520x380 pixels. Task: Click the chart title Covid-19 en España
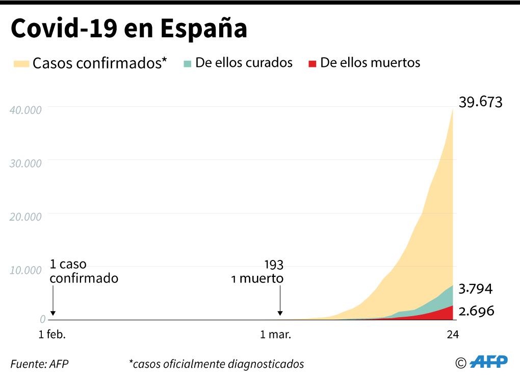[129, 29]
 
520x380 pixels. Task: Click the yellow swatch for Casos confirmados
[21, 63]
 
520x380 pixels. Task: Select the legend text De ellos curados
[244, 63]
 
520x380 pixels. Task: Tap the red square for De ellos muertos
[313, 63]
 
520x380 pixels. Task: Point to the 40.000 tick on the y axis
[25, 110]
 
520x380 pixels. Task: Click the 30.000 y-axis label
[25, 163]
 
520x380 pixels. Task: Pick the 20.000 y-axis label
[25, 216]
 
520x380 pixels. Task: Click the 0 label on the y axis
[43, 319]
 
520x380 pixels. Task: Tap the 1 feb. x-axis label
[53, 335]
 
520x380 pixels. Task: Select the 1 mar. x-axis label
[275, 335]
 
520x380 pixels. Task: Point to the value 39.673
[480, 102]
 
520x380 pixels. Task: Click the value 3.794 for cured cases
[475, 289]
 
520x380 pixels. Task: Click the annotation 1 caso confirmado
[84, 272]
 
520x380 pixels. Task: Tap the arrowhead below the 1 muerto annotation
[279, 314]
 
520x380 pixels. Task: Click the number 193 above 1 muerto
[273, 265]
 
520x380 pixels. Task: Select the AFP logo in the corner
[488, 362]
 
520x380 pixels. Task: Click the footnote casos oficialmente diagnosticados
[217, 364]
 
